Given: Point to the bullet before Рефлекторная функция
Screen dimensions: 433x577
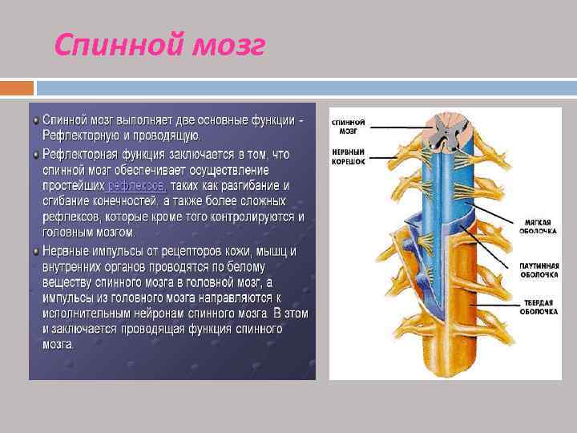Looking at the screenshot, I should (36, 152).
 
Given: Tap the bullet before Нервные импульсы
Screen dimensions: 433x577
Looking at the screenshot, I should (36, 250).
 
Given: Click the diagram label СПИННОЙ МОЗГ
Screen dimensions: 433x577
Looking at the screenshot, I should (349, 125).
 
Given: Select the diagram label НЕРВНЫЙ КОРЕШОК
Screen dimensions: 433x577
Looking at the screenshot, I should (349, 156).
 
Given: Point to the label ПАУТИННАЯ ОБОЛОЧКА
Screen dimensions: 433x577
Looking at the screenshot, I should (539, 269).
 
